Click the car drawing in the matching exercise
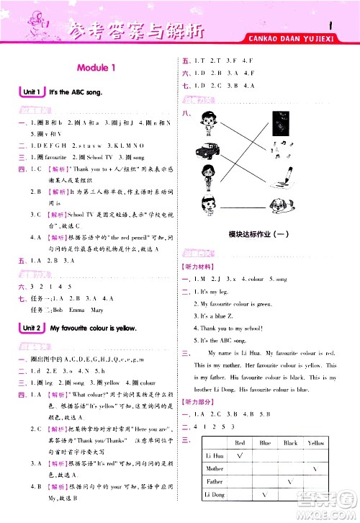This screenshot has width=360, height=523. [205, 151]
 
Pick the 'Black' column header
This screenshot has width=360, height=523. [291, 442]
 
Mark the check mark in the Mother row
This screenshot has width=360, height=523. [315, 468]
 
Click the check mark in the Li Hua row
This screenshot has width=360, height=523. [240, 455]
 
